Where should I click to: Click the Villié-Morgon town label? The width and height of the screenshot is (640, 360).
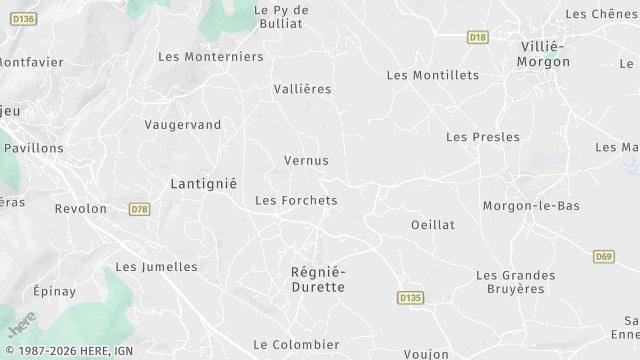click(x=543, y=54)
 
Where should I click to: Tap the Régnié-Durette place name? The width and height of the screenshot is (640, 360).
click(x=317, y=279)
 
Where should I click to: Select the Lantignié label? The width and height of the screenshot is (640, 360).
click(x=203, y=184)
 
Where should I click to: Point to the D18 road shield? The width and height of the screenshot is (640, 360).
click(x=477, y=37)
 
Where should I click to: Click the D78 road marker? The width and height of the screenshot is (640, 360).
click(x=139, y=209)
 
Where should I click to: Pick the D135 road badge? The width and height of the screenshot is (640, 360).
click(x=410, y=297)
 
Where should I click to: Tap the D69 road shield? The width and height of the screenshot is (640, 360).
click(x=602, y=257)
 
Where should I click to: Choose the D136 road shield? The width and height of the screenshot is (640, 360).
click(x=25, y=18)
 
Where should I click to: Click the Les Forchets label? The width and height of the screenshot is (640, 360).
click(x=296, y=200)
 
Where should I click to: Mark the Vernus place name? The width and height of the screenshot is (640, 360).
click(x=306, y=160)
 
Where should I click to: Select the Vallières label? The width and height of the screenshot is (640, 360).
click(x=302, y=89)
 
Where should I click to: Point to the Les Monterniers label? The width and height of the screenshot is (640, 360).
click(x=210, y=57)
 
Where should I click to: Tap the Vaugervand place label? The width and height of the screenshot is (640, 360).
click(x=182, y=124)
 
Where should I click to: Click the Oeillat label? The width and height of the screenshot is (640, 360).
click(x=432, y=225)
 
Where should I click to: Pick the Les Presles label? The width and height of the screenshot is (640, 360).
click(x=482, y=137)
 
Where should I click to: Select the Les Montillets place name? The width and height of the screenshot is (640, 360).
click(x=432, y=75)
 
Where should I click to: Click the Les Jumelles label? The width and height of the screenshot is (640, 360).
click(x=156, y=267)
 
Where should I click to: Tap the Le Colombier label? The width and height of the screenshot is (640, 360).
click(x=296, y=344)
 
